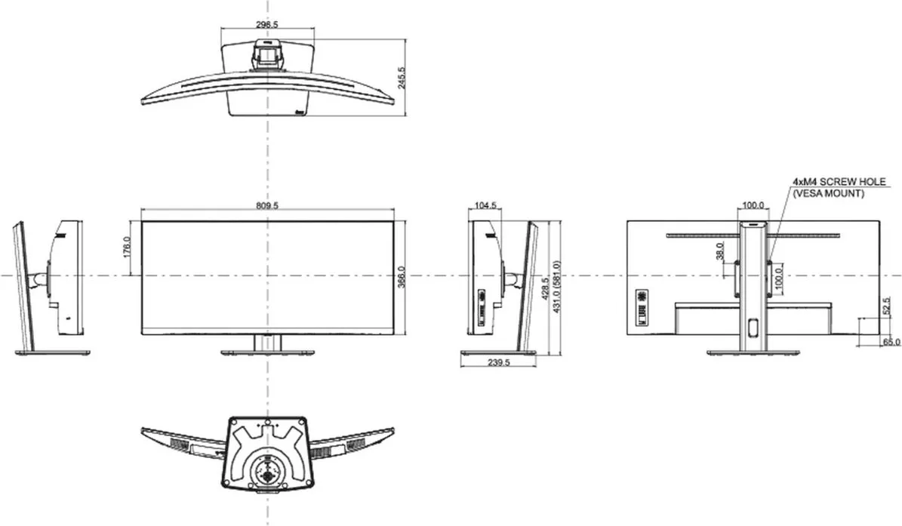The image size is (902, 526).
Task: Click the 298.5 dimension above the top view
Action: click(267, 25)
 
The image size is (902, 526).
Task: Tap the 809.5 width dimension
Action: click(267, 206)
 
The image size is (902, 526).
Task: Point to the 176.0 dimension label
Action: click(128, 248)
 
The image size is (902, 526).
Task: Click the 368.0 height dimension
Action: click(402, 277)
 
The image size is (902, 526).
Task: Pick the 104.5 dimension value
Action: click(486, 206)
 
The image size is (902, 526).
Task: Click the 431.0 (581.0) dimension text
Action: click(557, 288)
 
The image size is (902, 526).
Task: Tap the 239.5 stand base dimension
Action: click(498, 362)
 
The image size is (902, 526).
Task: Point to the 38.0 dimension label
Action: click(719, 251)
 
